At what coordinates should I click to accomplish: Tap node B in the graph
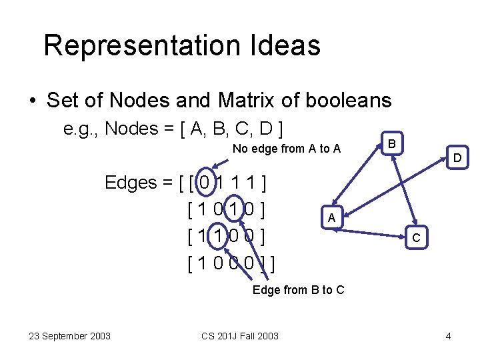click(x=393, y=144)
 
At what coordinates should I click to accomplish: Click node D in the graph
click(x=457, y=158)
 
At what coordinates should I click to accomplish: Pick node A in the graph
click(x=331, y=217)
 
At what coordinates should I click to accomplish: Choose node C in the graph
click(x=416, y=238)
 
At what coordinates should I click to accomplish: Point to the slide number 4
click(x=449, y=336)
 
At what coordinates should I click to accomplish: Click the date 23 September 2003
click(x=70, y=336)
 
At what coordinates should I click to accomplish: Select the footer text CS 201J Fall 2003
click(x=240, y=336)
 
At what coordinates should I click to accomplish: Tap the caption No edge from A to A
click(x=287, y=149)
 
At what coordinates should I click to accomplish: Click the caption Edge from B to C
click(x=298, y=290)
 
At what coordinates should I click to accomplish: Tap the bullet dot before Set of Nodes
click(x=33, y=101)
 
